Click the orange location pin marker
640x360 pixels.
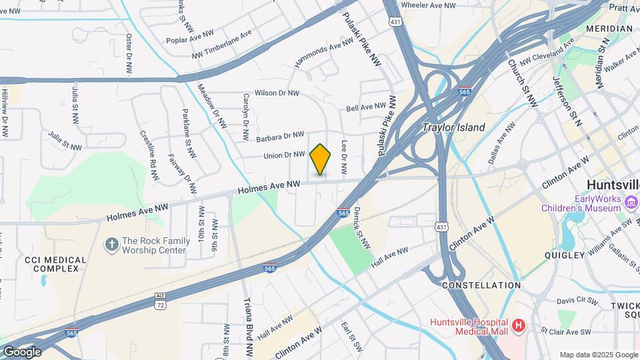tap(320, 159)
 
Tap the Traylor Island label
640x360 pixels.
tap(454, 127)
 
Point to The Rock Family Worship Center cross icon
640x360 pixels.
tap(111, 245)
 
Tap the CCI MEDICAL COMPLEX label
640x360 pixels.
tap(55, 264)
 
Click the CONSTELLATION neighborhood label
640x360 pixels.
tap(481, 285)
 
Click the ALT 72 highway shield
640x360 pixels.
tap(159, 304)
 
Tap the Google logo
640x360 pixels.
tap(21, 351)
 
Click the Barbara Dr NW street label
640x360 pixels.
tap(280, 136)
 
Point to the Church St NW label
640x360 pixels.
tap(522, 83)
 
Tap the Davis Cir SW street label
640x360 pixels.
tap(577, 301)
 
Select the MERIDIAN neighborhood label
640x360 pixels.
tap(609, 29)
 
